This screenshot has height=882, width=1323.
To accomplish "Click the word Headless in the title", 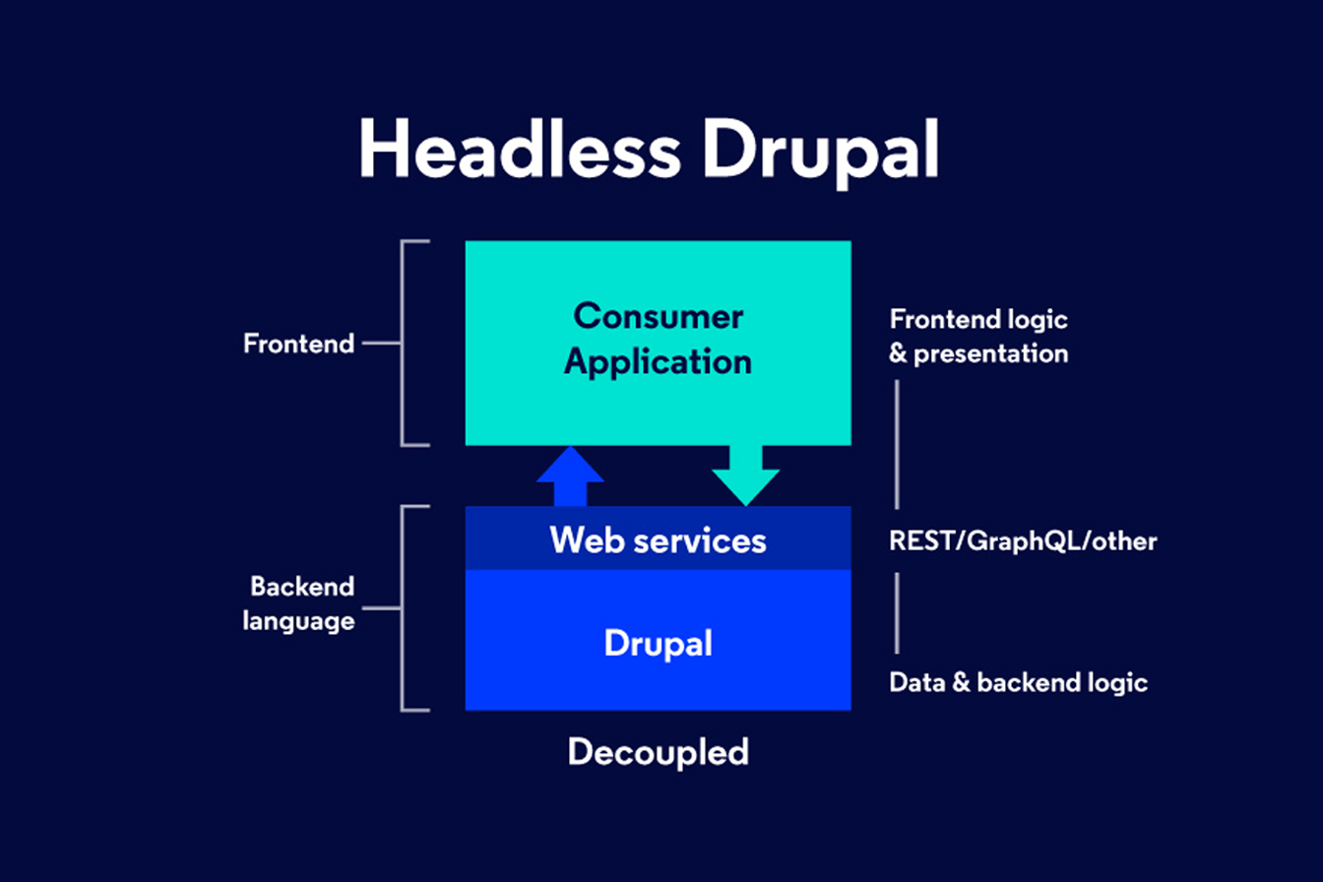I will [x=519, y=151].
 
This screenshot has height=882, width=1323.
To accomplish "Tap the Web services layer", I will [x=658, y=539].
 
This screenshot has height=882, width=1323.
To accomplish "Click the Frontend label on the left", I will [x=298, y=345].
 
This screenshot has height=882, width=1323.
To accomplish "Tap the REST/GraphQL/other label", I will [x=1023, y=540].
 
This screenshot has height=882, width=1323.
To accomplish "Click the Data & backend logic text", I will [x=1018, y=682].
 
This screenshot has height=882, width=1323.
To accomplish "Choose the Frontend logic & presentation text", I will [x=978, y=336].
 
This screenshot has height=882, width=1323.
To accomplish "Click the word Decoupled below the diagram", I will [x=658, y=752].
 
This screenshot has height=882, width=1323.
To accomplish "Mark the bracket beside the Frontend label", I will [x=407, y=344].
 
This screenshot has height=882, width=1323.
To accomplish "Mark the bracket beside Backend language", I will [x=407, y=607].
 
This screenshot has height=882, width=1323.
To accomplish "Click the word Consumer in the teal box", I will [x=658, y=317].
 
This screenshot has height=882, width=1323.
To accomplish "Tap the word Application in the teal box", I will [x=658, y=361].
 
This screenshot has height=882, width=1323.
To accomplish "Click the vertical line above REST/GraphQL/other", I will [x=897, y=444].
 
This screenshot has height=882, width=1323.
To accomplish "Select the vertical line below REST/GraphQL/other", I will [x=897, y=613].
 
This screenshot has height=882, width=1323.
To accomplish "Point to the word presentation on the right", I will [x=990, y=353].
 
